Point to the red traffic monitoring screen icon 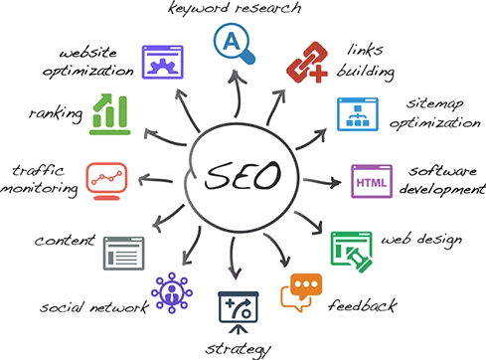106,178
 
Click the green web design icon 350,248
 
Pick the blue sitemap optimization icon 355,115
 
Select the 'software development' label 443,179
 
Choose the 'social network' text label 95,308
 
